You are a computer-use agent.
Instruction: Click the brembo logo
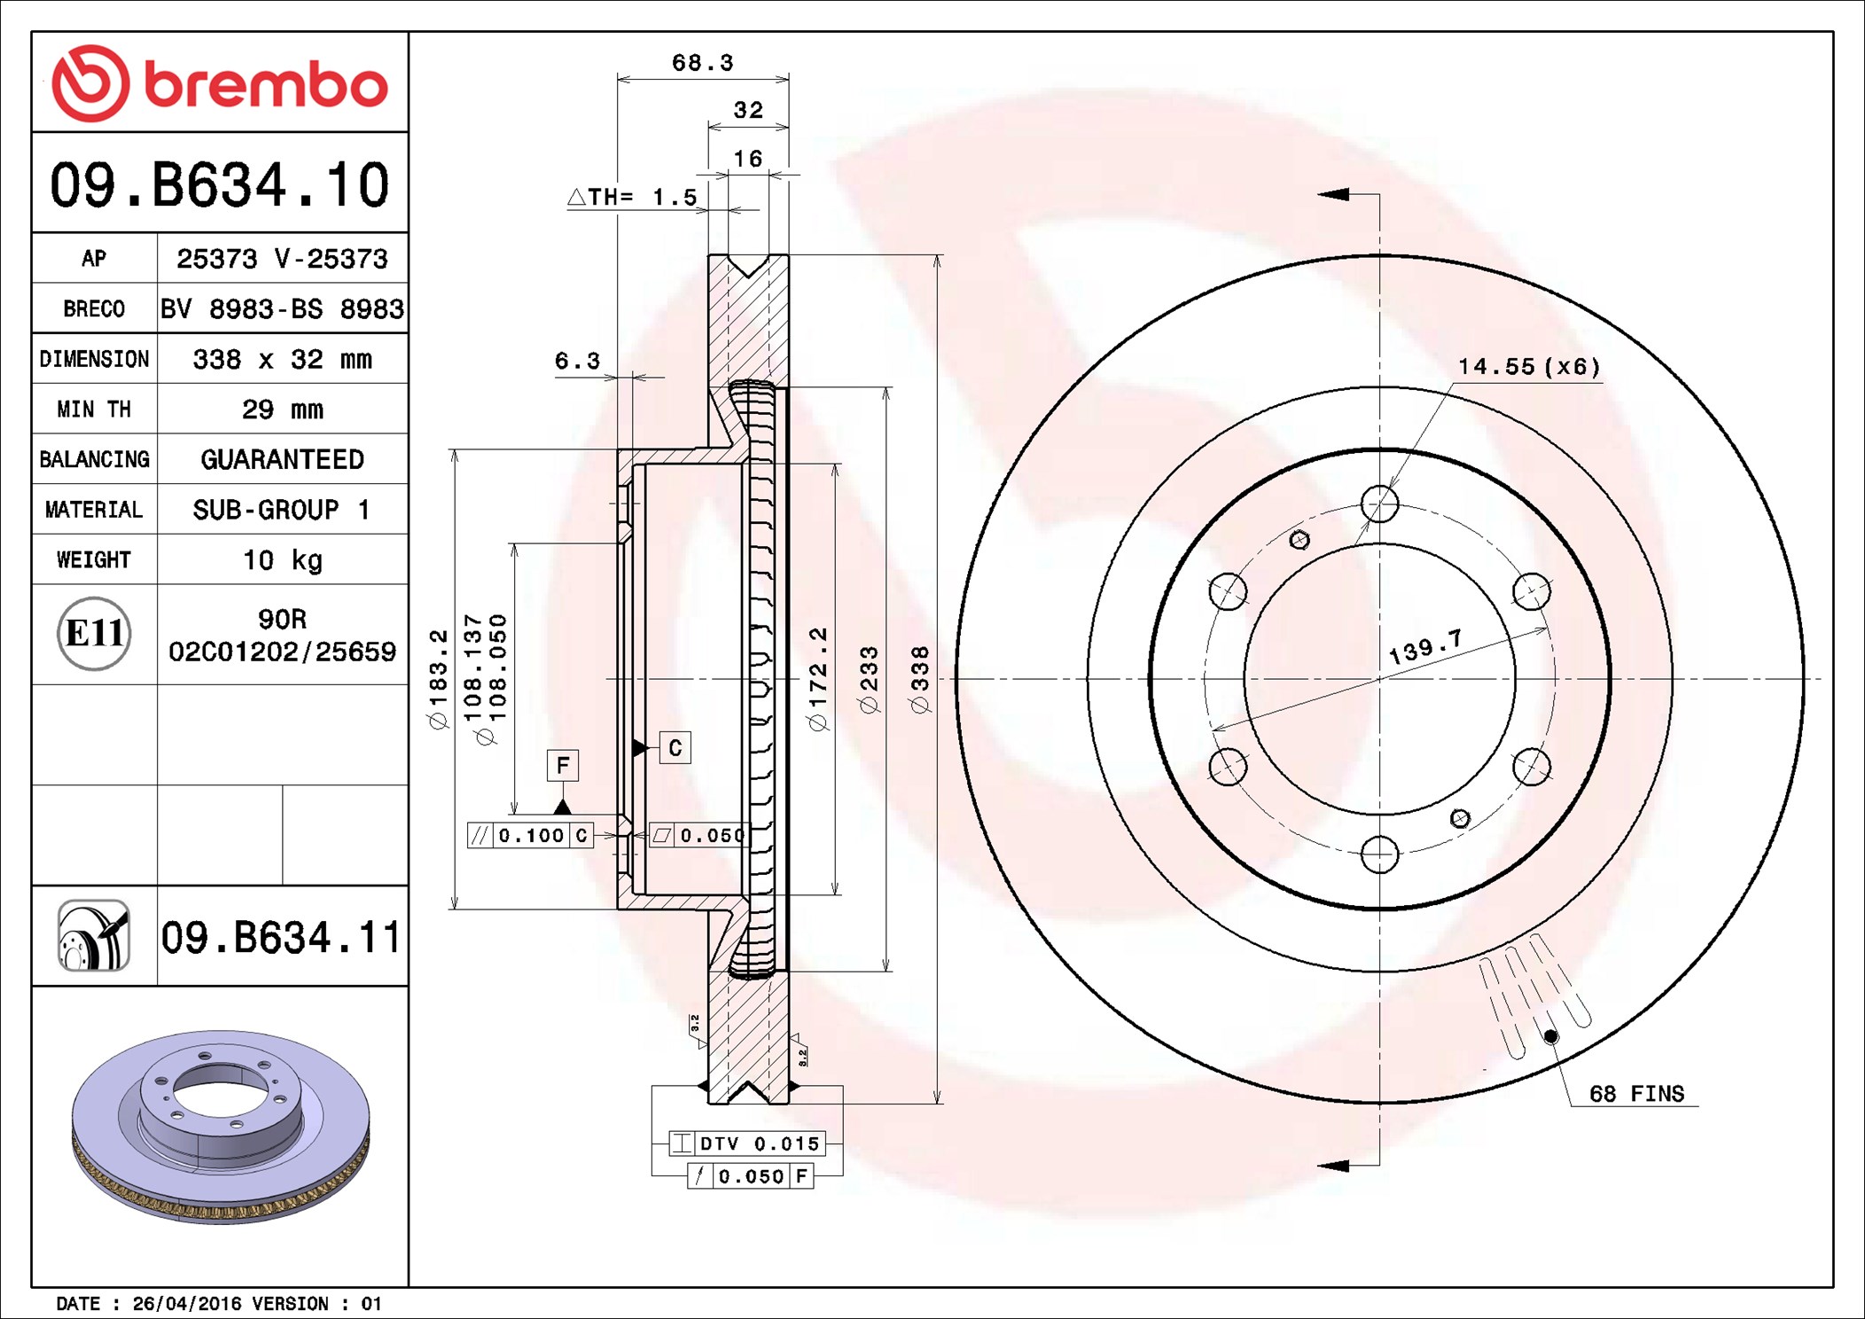(x=220, y=82)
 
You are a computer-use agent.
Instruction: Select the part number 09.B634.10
(x=220, y=184)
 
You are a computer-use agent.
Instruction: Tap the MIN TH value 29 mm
(x=282, y=409)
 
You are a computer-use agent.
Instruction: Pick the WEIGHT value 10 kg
(x=282, y=559)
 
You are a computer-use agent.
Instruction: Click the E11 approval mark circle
(x=94, y=633)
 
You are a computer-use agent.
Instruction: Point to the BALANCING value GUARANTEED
(x=282, y=459)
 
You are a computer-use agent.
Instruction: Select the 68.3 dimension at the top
(x=702, y=63)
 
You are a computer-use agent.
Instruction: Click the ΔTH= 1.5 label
(x=632, y=197)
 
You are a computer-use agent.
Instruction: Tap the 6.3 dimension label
(x=577, y=361)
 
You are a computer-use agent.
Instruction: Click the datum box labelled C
(x=675, y=747)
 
